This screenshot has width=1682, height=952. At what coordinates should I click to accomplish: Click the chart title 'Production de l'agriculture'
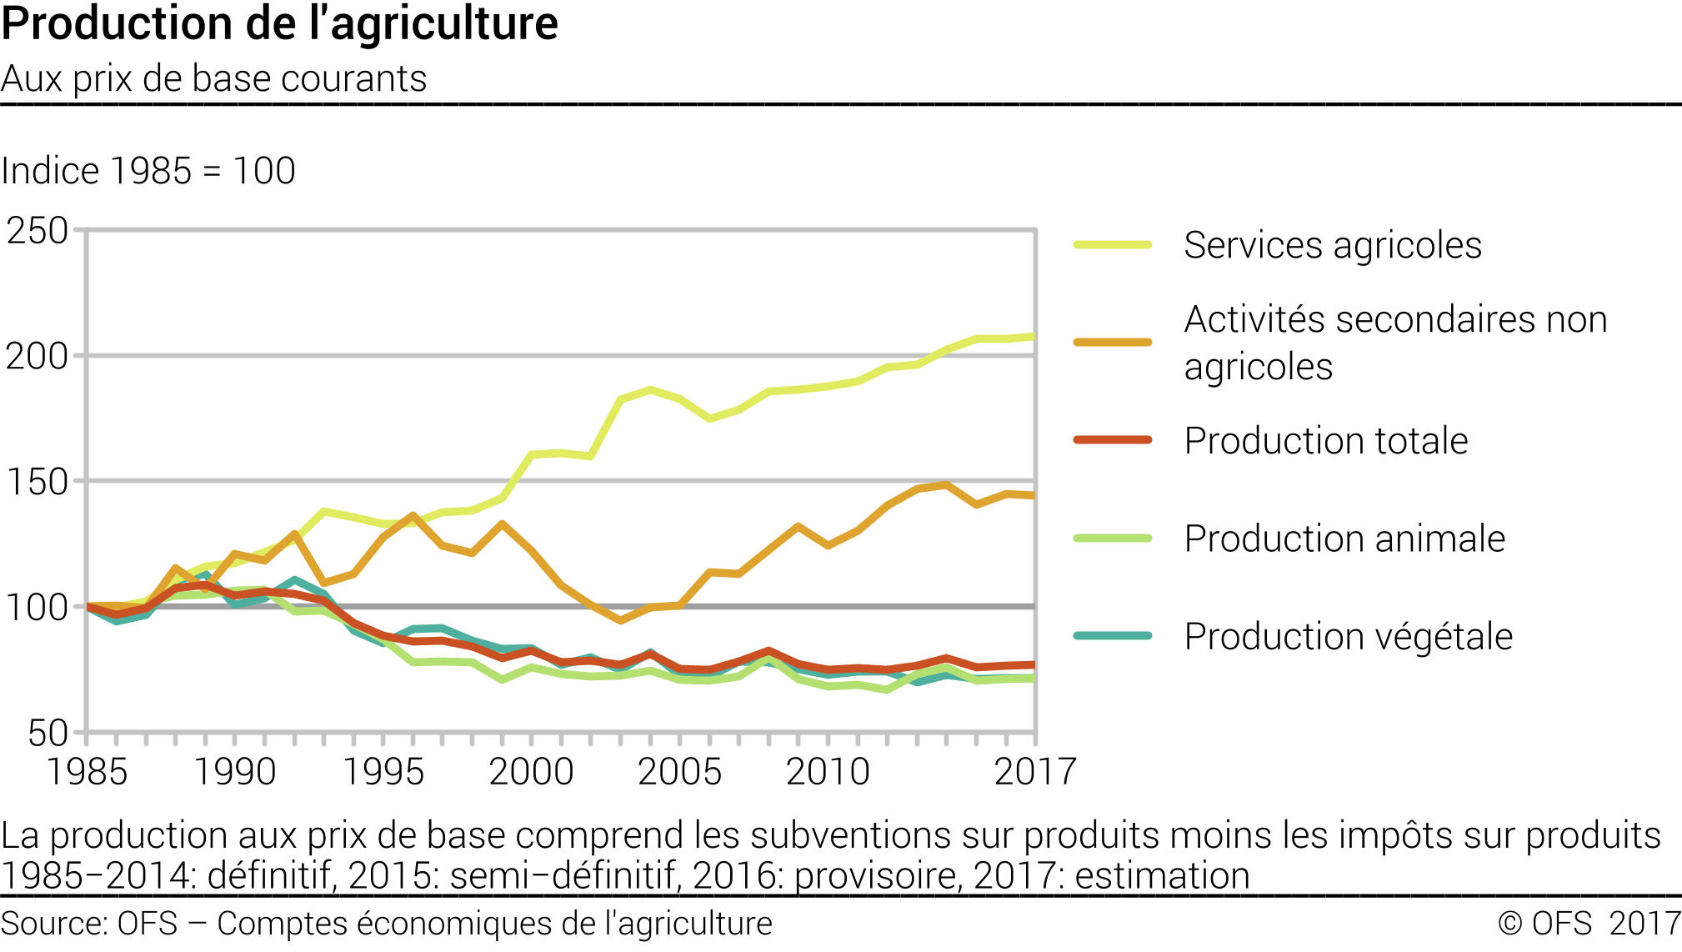tap(279, 23)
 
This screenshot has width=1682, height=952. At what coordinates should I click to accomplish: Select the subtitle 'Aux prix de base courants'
tap(213, 79)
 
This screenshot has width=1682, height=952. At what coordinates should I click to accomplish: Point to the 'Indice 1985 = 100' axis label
tap(148, 171)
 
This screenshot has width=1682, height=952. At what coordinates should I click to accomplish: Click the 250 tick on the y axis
tap(38, 231)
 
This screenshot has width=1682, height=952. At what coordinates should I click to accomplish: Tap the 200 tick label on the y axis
tap(38, 357)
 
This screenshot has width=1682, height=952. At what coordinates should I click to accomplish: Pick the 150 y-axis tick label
tap(38, 482)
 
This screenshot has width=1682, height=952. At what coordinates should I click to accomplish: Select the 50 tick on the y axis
tap(48, 734)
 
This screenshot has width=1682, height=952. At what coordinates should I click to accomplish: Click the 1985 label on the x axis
tap(87, 772)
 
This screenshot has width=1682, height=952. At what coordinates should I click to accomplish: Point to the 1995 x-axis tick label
tap(383, 772)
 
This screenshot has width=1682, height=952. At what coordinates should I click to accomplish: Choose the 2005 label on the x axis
tap(679, 772)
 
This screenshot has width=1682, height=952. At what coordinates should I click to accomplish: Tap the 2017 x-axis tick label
tap(1035, 772)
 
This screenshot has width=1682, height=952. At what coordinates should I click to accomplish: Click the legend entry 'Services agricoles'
tap(1332, 246)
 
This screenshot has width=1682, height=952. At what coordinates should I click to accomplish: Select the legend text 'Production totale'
tap(1325, 441)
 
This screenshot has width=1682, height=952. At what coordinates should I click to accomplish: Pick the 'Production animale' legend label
tap(1344, 539)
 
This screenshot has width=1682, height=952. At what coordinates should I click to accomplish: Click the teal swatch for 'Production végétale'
tap(1113, 636)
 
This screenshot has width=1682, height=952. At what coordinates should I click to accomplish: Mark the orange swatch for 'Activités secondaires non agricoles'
tap(1113, 343)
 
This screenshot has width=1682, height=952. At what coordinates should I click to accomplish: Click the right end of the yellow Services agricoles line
tap(1034, 337)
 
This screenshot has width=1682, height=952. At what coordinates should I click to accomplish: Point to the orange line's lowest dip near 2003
tap(620, 620)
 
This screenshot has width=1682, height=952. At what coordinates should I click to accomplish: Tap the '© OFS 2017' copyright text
tap(1589, 924)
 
